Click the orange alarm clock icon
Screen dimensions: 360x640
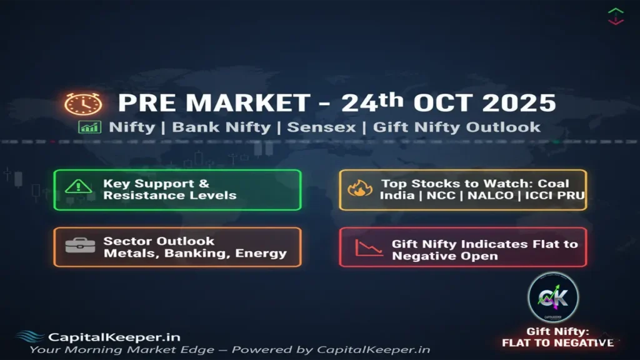coord(82,104)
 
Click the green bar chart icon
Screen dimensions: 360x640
coord(89,127)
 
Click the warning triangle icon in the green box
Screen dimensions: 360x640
coord(78,186)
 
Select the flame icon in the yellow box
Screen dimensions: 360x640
coord(360,188)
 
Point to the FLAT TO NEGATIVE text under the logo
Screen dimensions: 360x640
coord(557,342)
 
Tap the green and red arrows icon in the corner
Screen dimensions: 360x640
coord(616,16)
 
